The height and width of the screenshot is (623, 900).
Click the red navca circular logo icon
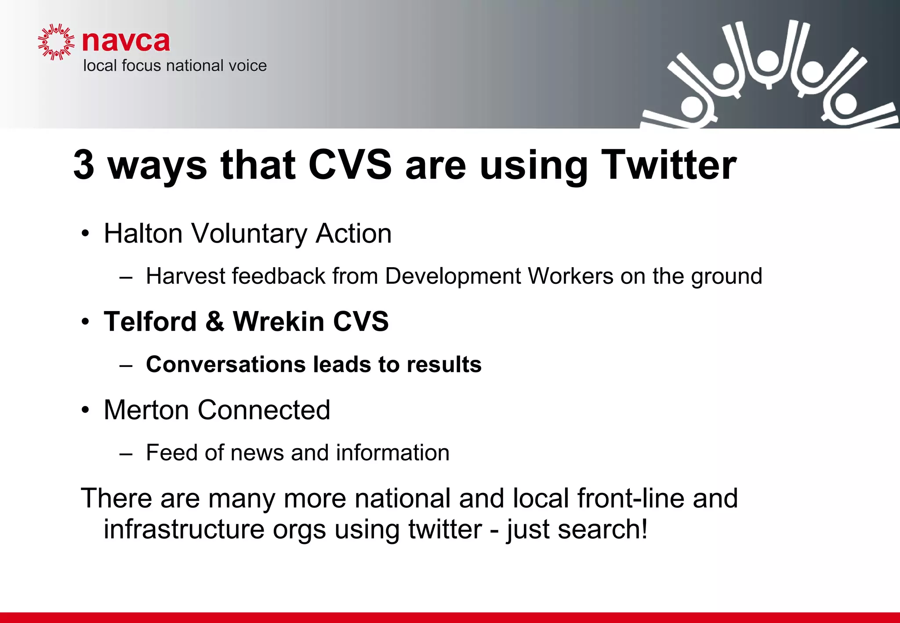coord(56,42)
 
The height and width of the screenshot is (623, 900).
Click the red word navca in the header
coord(126,41)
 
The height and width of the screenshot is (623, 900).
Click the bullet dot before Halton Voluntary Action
coord(85,234)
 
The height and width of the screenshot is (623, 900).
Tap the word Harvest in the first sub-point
coord(185,276)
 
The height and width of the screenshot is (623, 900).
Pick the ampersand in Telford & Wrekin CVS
coord(215,321)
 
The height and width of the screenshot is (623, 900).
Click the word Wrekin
coord(279,321)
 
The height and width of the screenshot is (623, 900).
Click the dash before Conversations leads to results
coord(126,366)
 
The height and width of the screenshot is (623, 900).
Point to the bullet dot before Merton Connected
coord(85,410)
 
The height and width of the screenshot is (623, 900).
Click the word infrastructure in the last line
coord(184,529)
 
